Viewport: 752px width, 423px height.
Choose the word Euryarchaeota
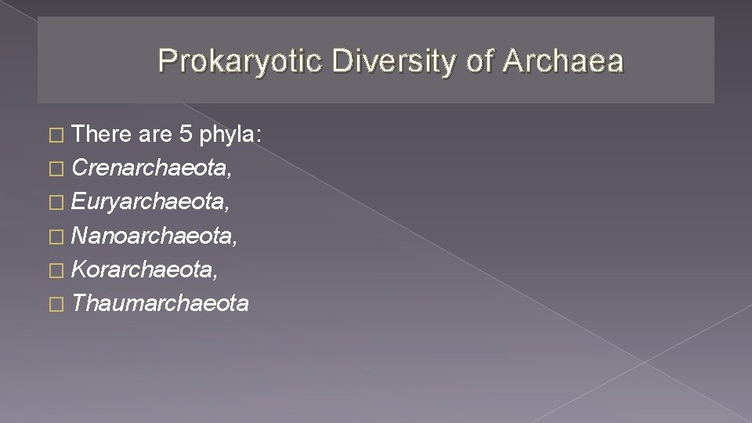[x=150, y=202]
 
